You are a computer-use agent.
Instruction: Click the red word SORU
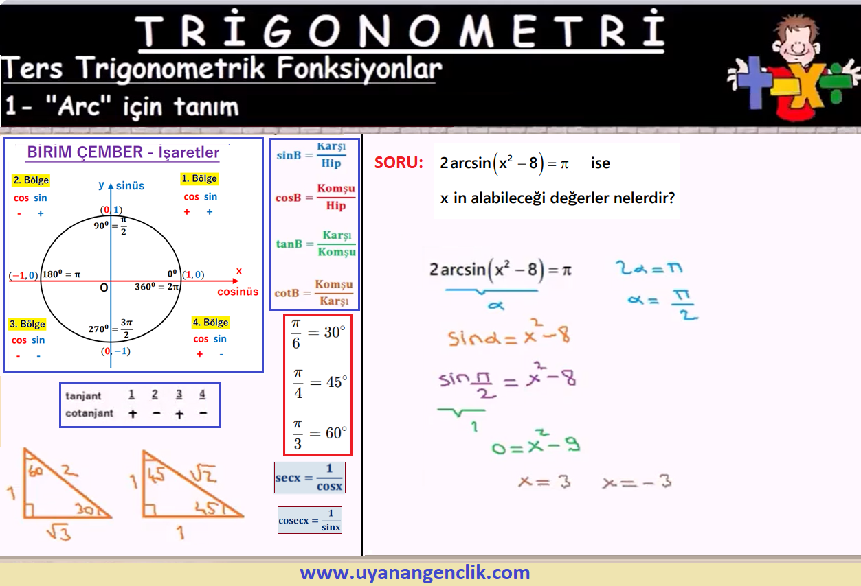[399, 163]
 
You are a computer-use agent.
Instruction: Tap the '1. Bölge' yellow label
[199, 178]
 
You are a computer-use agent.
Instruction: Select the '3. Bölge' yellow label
[27, 324]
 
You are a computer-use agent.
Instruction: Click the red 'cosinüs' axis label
[238, 292]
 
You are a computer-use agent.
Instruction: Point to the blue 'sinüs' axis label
[130, 186]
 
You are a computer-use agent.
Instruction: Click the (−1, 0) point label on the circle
[23, 275]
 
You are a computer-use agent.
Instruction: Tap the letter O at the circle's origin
[104, 288]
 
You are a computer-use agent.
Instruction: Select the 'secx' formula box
[310, 478]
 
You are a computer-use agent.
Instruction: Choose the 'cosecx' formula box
[310, 520]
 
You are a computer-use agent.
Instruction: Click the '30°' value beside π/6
[335, 332]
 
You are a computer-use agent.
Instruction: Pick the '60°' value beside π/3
[336, 433]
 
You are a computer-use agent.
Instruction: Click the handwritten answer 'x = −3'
[637, 482]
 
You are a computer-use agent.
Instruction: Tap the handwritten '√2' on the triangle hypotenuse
[203, 473]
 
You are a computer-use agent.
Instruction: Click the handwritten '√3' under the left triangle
[59, 532]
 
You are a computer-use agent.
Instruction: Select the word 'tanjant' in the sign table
[83, 396]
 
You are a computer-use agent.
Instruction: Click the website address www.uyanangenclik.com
[415, 572]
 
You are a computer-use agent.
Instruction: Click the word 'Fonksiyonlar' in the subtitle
[359, 69]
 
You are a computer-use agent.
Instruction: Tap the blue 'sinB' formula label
[289, 156]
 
